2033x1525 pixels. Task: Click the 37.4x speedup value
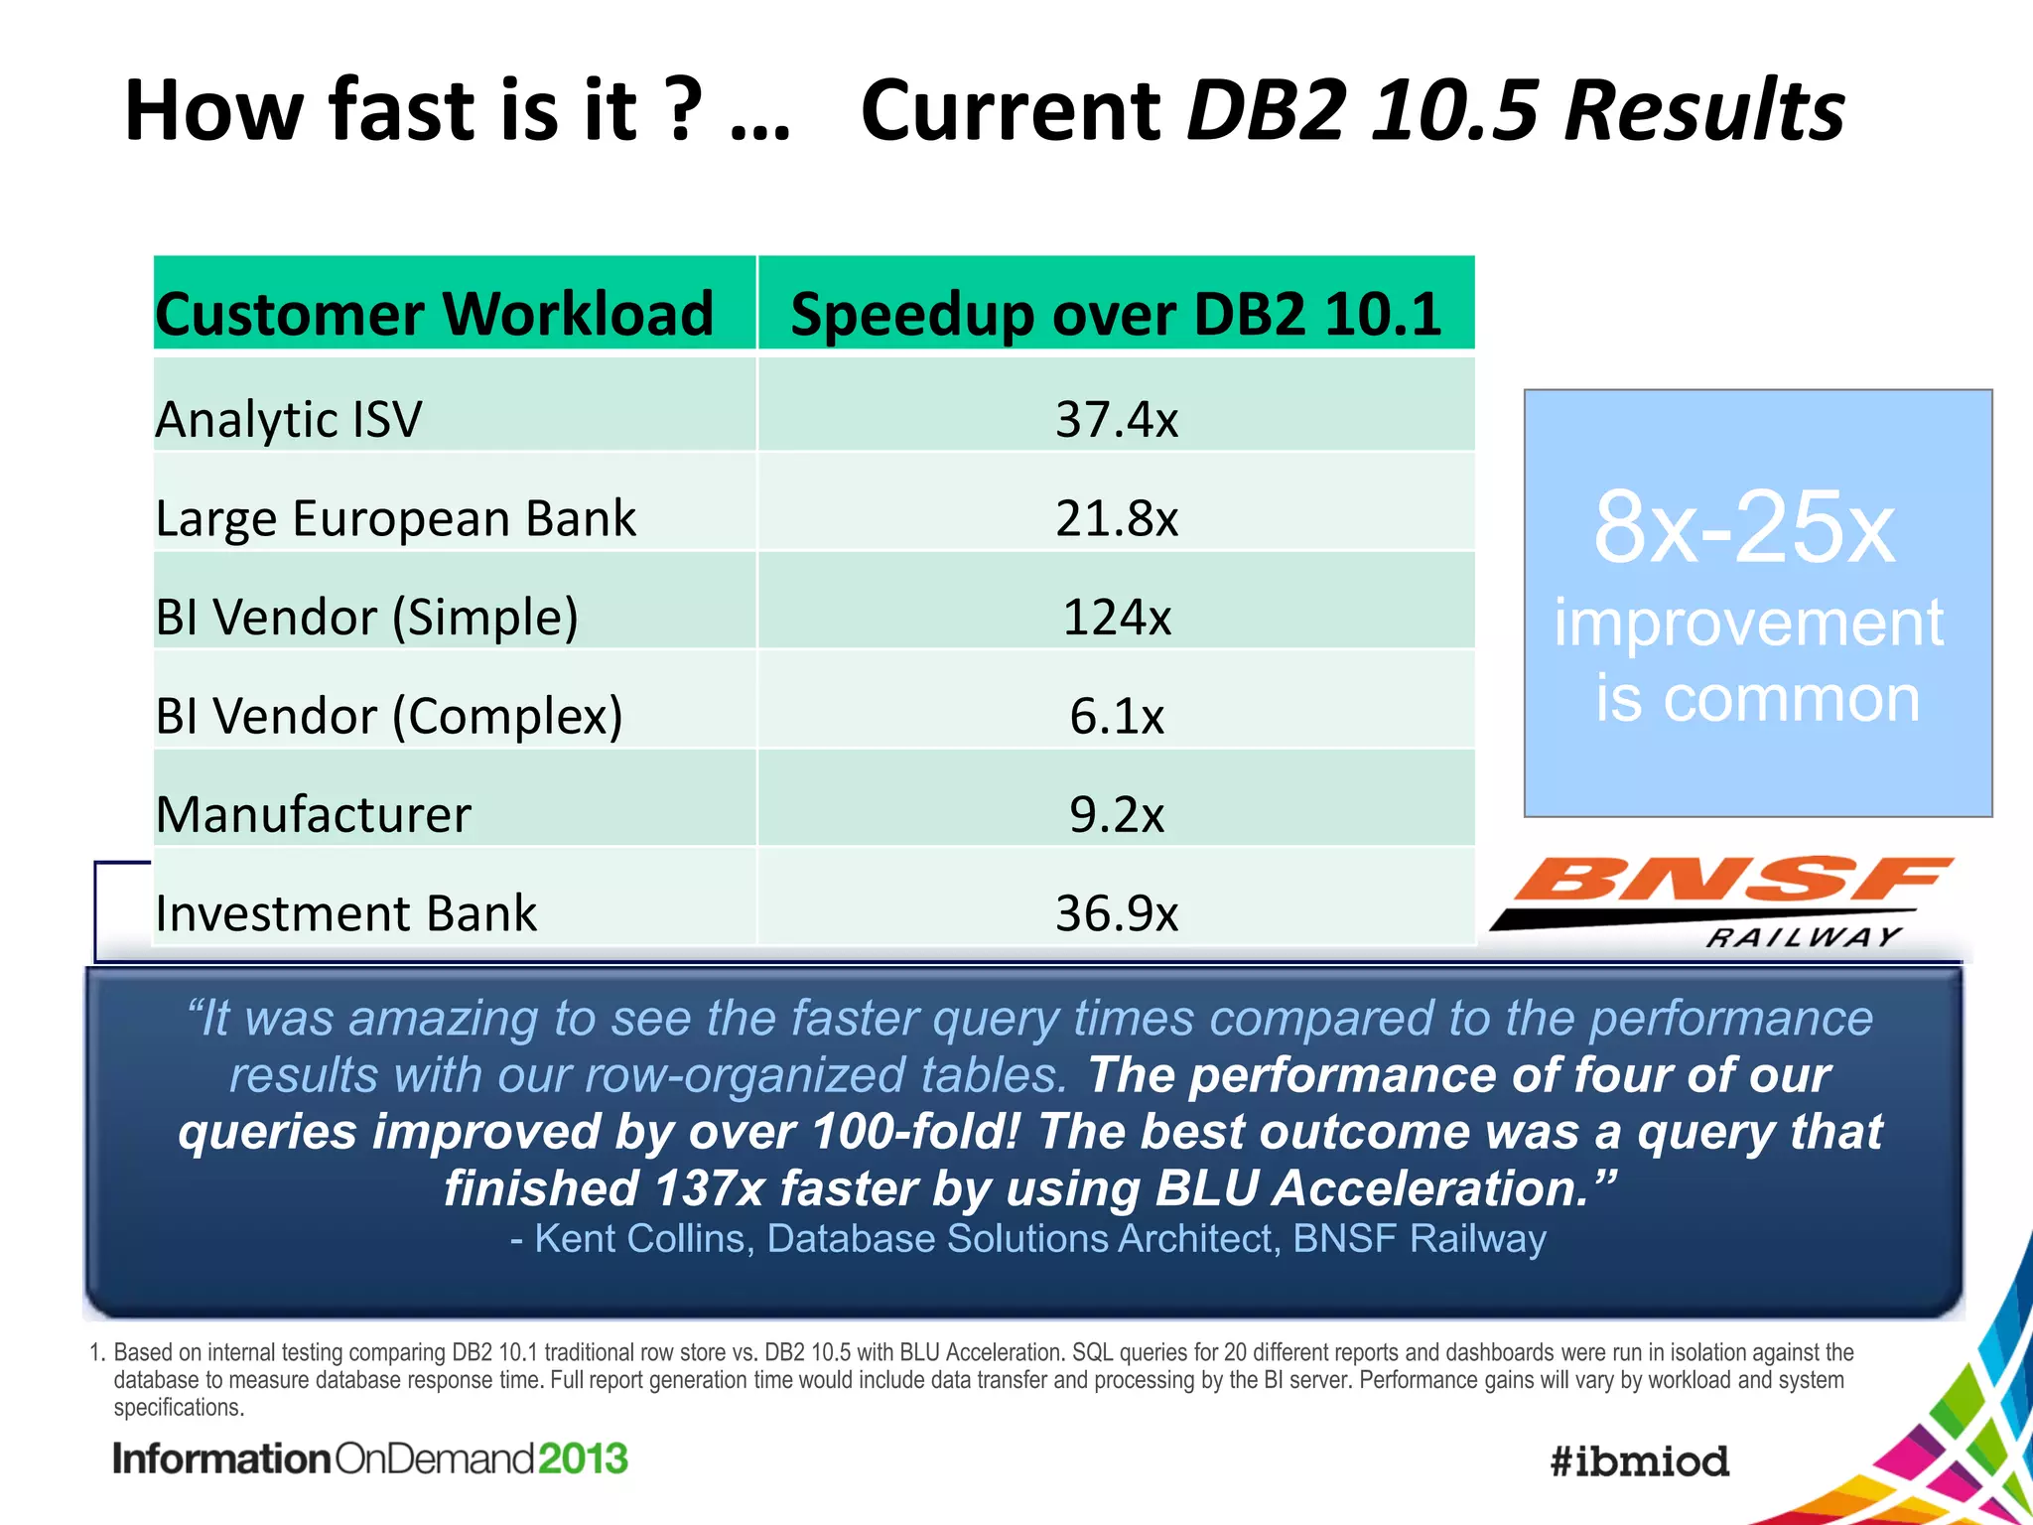(x=1116, y=419)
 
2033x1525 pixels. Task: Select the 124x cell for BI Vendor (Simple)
(x=1116, y=618)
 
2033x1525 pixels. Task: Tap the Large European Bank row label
(x=395, y=518)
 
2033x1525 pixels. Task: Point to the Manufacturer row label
(x=313, y=815)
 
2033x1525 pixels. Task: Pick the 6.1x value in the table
(x=1116, y=716)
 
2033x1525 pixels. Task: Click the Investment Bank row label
(x=345, y=913)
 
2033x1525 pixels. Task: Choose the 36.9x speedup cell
(x=1116, y=913)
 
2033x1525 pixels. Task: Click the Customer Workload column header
(x=434, y=314)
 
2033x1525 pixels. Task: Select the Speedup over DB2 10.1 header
(x=1116, y=314)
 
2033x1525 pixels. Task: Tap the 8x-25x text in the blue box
(x=1744, y=528)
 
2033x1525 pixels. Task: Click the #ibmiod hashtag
(x=1639, y=1461)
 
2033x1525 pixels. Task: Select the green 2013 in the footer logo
(x=584, y=1458)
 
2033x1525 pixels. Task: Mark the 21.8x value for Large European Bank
(x=1116, y=518)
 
